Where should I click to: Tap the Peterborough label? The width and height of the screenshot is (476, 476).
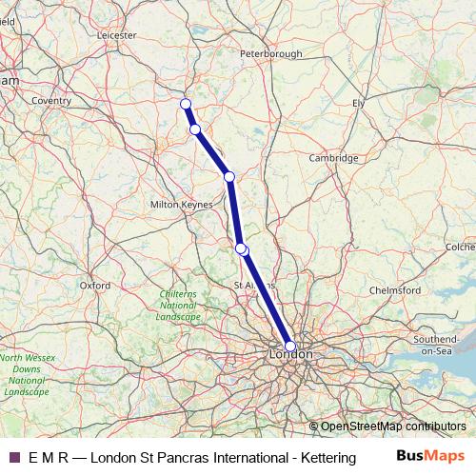tap(271, 55)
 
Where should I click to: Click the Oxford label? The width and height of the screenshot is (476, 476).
tap(95, 285)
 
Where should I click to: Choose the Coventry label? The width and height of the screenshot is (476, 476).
tap(51, 100)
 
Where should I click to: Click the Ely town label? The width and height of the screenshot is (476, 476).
tap(358, 102)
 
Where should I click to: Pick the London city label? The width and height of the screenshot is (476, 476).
tap(291, 355)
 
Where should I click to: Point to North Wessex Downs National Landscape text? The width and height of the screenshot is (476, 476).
tap(26, 374)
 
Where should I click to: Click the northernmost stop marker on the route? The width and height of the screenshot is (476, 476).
tap(186, 104)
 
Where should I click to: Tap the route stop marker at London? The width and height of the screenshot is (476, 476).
tap(290, 347)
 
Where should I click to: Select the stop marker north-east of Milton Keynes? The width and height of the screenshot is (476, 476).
tap(228, 176)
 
